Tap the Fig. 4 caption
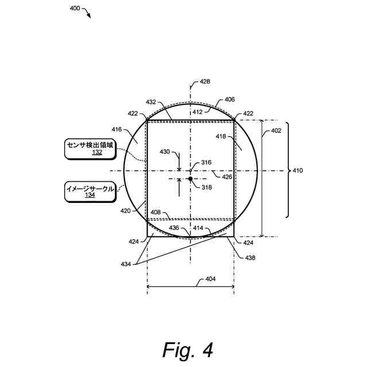click(x=188, y=349)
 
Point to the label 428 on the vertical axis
click(x=204, y=82)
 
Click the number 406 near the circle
click(x=229, y=99)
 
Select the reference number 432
click(x=151, y=101)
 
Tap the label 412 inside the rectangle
click(x=197, y=112)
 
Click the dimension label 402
click(x=276, y=131)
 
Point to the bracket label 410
click(x=298, y=170)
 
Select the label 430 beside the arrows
click(x=165, y=152)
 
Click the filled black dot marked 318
click(x=190, y=179)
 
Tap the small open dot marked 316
click(x=190, y=170)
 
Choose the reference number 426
click(x=227, y=177)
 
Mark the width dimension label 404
click(x=210, y=280)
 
